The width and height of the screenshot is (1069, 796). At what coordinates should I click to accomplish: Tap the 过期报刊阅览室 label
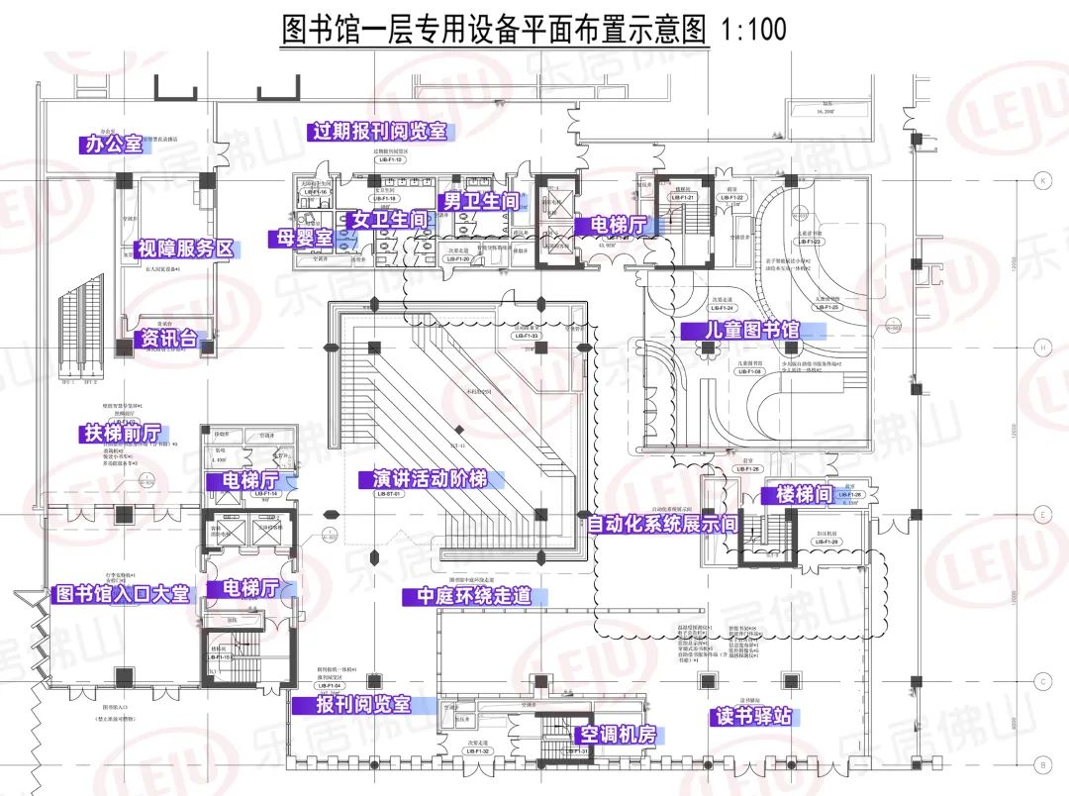(x=380, y=132)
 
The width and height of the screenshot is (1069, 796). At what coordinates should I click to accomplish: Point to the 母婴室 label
(x=301, y=239)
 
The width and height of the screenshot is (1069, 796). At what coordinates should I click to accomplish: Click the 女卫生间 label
(x=389, y=220)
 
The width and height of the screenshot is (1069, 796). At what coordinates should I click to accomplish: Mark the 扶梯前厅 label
(x=123, y=434)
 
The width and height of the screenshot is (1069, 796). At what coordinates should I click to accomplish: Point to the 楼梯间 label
(x=804, y=494)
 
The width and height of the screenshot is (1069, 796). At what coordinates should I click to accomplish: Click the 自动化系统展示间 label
(x=662, y=524)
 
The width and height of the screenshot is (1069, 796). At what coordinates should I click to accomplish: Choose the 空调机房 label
(x=619, y=735)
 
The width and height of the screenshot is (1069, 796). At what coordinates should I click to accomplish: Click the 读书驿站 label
(x=754, y=716)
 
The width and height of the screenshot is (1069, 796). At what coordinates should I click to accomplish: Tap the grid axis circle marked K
(x=1042, y=181)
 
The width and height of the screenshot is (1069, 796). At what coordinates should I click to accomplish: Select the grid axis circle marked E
(x=1042, y=515)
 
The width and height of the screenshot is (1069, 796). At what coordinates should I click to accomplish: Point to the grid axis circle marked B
(x=1042, y=764)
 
